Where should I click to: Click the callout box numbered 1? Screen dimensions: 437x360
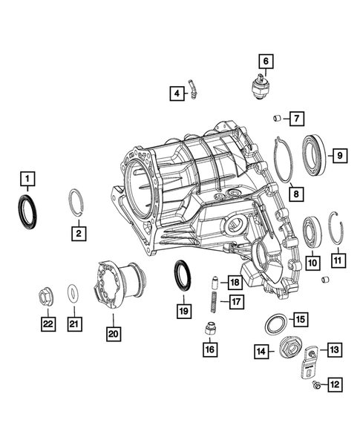[x=26, y=178]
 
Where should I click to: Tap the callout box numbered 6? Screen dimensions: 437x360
[x=265, y=61]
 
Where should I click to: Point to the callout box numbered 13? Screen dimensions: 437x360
[x=335, y=349]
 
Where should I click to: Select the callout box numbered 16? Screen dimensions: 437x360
[x=211, y=348]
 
